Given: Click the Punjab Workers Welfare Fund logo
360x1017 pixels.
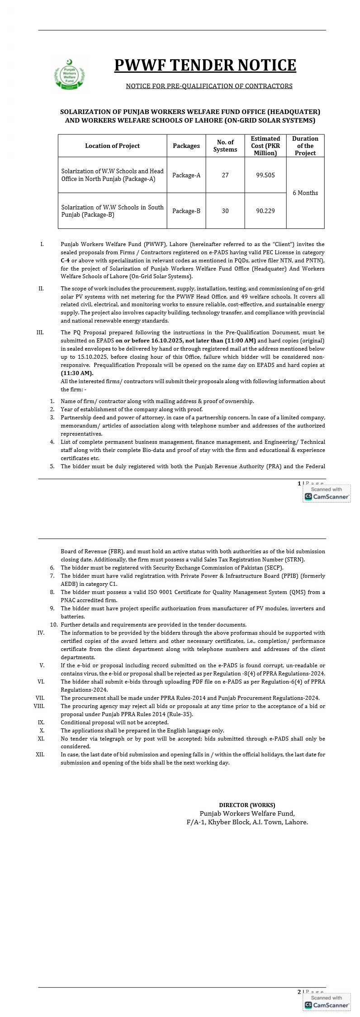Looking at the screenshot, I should pos(69,74).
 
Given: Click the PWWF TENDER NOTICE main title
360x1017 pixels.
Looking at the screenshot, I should pos(205,65).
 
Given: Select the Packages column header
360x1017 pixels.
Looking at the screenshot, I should pos(186,146).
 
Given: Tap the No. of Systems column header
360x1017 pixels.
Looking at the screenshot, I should pos(225,146).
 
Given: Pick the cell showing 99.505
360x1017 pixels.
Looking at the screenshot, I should pos(265,175).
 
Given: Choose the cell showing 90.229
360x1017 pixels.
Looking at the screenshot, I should pos(265,211).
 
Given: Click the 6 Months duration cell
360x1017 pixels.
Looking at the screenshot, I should pos(305,193).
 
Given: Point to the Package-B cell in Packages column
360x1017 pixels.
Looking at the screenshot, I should pos(186,211).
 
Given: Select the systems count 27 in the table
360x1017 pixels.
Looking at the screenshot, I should pos(225,175).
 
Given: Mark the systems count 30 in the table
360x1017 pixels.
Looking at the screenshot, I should pos(225,211).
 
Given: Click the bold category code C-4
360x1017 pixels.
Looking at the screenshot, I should pos(65,261).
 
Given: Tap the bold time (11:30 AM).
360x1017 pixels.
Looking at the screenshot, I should pos(77,373).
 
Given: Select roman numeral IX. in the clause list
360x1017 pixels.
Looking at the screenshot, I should pos(41,722).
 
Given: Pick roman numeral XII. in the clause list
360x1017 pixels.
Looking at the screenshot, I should pos(40,754).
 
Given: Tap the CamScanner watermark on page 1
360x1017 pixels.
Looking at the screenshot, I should pos(327,494).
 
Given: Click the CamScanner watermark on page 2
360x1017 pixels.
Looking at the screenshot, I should pos(327,1002).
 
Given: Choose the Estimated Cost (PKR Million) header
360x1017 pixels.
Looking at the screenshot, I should pos(265,146).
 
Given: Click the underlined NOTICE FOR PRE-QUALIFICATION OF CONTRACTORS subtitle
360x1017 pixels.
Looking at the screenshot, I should pos(209,86).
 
